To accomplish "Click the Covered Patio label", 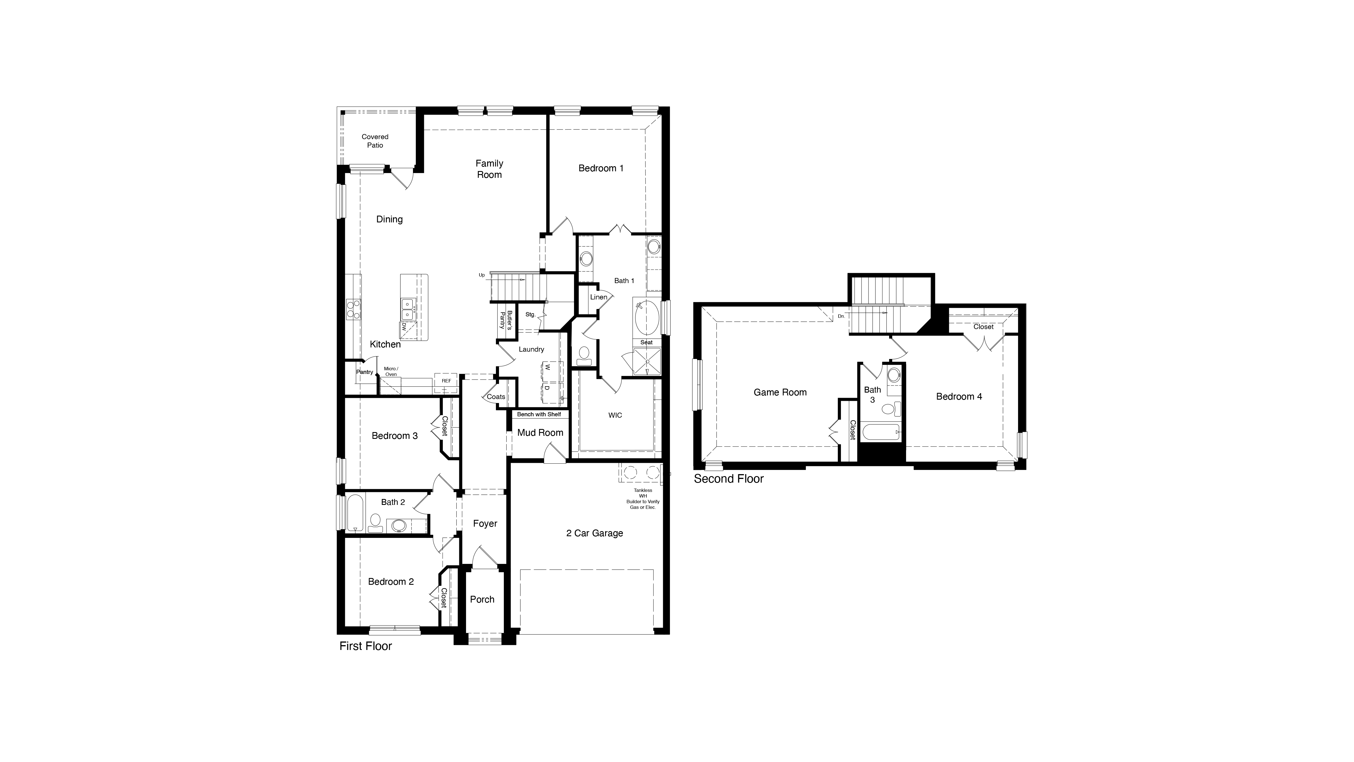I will pos(375,141).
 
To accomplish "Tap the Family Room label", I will pos(489,169).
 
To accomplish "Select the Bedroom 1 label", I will pos(601,168).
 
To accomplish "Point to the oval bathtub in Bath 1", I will pos(646,317).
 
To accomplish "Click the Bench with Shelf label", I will pos(539,414).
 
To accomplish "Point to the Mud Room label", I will pos(540,433).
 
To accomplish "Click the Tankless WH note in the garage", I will pos(643,498).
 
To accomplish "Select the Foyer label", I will pos(485,524).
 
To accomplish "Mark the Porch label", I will pos(482,599).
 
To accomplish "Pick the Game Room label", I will pos(780,392).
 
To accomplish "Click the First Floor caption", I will pos(365,646).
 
